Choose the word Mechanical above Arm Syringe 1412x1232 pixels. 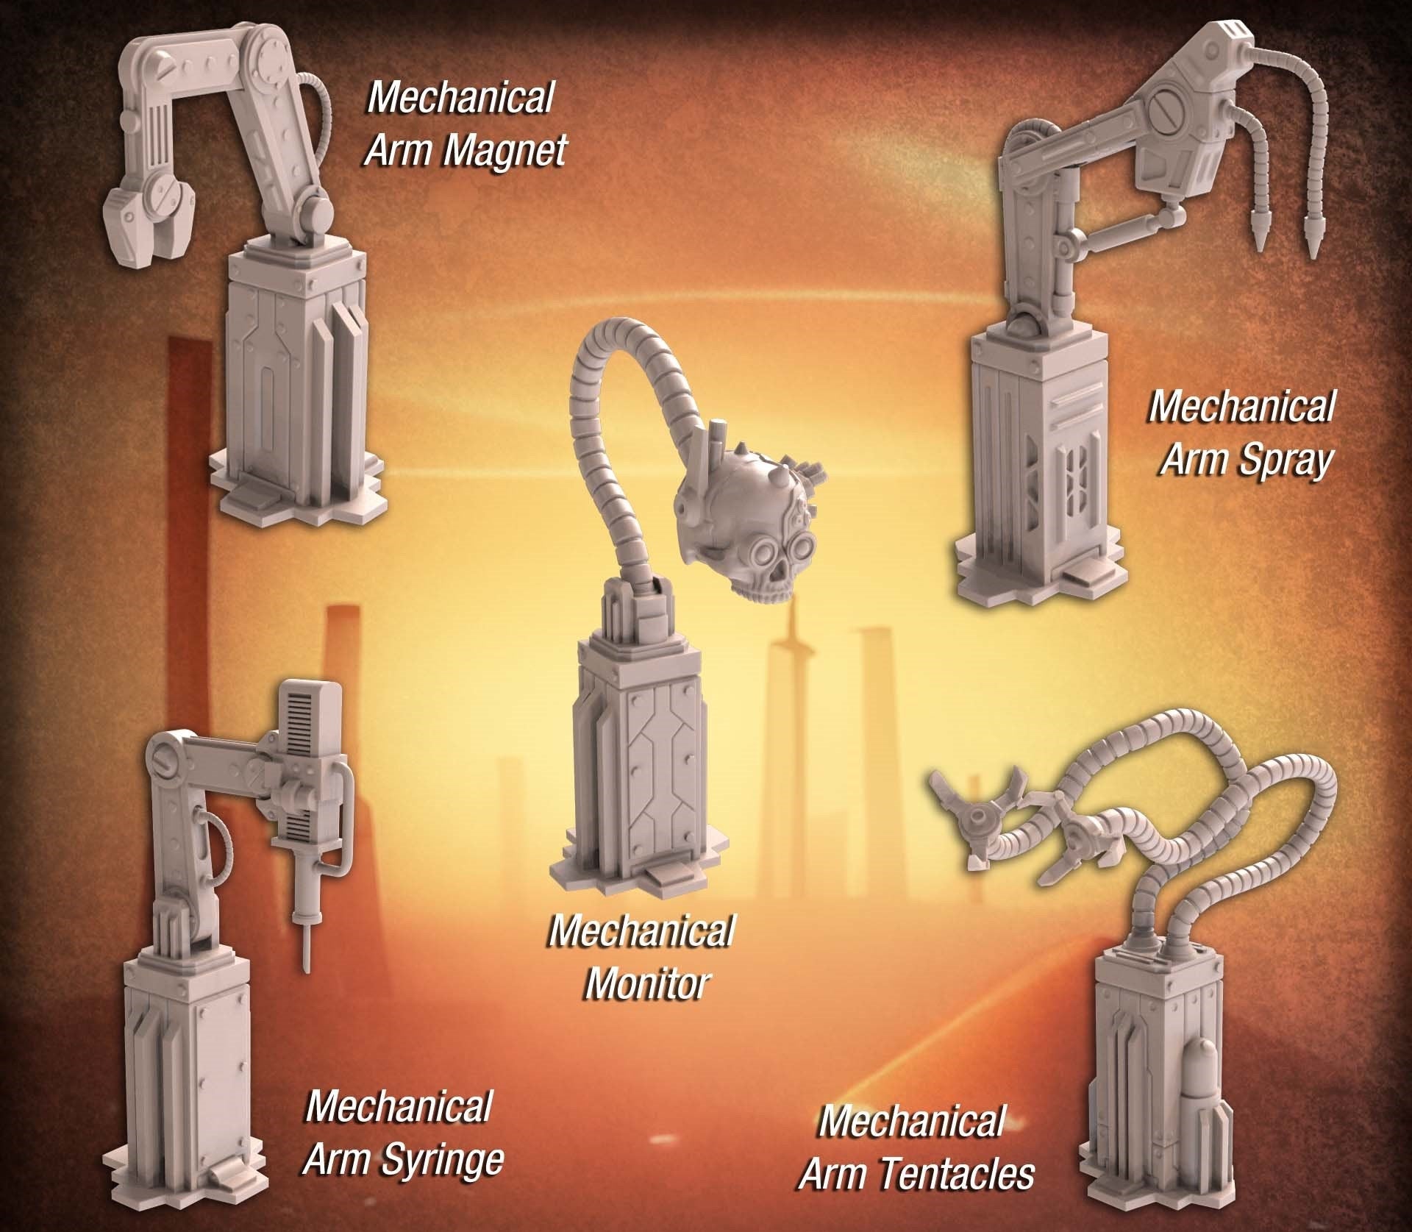pos(398,1108)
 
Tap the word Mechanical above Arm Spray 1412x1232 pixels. pos(1241,407)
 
